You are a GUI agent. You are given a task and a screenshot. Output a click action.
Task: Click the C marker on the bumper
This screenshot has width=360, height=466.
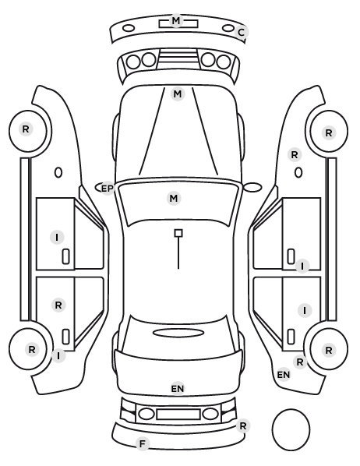[241, 32]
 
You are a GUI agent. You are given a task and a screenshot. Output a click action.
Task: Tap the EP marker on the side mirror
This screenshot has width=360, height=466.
[108, 189]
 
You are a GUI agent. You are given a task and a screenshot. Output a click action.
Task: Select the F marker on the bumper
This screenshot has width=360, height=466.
[143, 443]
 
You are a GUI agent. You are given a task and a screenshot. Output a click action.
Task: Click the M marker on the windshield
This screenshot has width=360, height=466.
[174, 198]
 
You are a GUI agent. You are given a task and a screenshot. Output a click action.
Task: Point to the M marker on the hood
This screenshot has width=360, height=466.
[178, 94]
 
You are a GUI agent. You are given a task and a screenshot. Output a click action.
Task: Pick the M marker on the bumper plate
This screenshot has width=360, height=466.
[176, 20]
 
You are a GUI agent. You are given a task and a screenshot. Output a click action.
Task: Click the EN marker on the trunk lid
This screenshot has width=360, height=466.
[178, 388]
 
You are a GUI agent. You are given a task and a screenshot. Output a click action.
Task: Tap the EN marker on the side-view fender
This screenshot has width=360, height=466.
[284, 375]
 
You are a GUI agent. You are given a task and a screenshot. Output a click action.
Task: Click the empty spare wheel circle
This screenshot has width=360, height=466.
[291, 429]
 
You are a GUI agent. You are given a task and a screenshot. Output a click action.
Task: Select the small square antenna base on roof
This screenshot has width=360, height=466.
[178, 233]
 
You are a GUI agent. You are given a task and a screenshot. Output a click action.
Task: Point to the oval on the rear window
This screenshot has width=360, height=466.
[178, 333]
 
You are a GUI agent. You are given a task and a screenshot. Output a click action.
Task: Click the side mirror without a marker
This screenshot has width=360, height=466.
[252, 187]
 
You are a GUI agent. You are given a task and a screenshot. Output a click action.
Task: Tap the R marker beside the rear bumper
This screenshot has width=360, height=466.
[243, 426]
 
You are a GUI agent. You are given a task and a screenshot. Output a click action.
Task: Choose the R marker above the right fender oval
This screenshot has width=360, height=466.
[295, 155]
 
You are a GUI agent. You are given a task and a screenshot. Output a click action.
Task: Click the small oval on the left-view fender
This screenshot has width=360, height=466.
[58, 172]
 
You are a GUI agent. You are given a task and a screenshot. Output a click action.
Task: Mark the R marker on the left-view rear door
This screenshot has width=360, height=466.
[58, 305]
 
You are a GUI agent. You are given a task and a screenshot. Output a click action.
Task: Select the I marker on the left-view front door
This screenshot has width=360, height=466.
[57, 238]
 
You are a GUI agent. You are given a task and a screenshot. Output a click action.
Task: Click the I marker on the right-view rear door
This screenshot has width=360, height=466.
[305, 311]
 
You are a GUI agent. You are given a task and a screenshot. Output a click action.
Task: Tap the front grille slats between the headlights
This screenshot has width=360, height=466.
[178, 59]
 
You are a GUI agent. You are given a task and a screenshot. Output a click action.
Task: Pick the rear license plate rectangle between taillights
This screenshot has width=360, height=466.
[178, 415]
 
